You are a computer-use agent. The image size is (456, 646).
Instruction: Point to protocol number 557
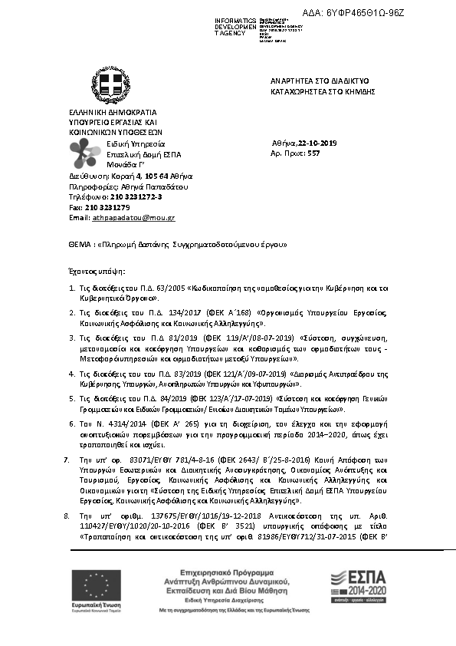[313, 153]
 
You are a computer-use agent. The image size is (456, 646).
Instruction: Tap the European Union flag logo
[90, 584]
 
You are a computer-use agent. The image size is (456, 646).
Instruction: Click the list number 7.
[67, 458]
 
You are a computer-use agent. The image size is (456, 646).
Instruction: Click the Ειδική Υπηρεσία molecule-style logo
[83, 153]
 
